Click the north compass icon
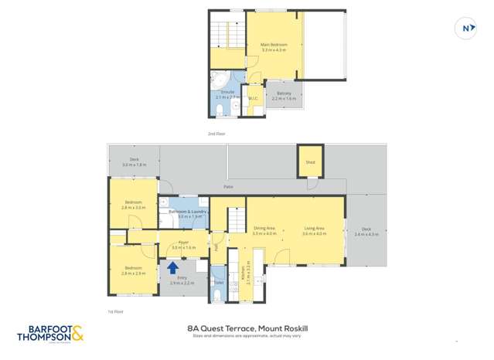(x=466, y=29)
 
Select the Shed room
(x=310, y=162)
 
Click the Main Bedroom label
(x=274, y=46)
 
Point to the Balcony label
(x=284, y=95)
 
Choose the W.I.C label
(x=253, y=98)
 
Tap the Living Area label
(x=313, y=229)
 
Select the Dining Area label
(x=265, y=229)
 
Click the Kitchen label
(x=248, y=273)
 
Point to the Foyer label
(x=183, y=244)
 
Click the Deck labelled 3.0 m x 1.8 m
(x=134, y=162)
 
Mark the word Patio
(x=228, y=186)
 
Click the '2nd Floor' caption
(x=216, y=134)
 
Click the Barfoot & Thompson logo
(x=49, y=333)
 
